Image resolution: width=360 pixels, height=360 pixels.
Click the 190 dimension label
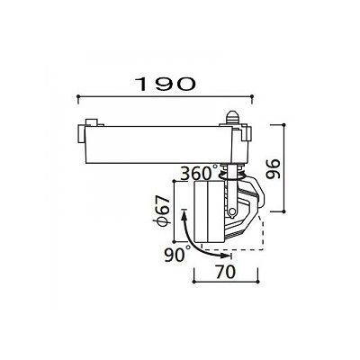tap(165, 84)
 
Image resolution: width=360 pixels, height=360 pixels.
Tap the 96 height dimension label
tap(273, 168)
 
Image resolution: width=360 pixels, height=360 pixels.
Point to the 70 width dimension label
tap(225, 272)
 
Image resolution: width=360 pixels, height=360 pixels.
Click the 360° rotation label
tap(199, 173)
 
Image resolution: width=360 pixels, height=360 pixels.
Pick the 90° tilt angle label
tap(177, 255)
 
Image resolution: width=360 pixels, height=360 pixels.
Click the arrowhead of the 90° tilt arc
tap(224, 256)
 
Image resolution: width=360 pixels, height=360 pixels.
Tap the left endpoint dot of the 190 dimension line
tap(78, 96)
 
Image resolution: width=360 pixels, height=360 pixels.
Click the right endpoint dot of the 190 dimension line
tap(252, 96)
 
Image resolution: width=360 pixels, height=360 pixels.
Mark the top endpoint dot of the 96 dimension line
tap(283, 124)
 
